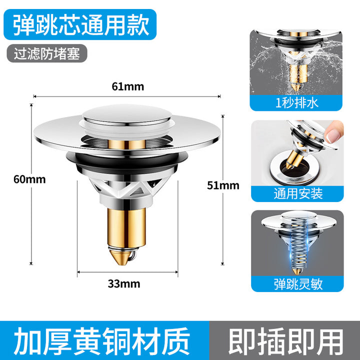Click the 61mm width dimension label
coord(128,87)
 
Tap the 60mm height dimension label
coord(29,179)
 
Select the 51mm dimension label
coord(223,185)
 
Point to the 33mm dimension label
coord(124,284)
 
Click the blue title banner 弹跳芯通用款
coord(80,24)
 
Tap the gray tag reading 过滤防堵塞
coord(47,53)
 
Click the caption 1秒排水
coord(296,103)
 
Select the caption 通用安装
coord(298,194)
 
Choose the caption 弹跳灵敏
coord(298,284)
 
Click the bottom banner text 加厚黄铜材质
coord(101,341)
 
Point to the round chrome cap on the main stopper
coord(127,114)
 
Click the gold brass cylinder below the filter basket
coord(126,227)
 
